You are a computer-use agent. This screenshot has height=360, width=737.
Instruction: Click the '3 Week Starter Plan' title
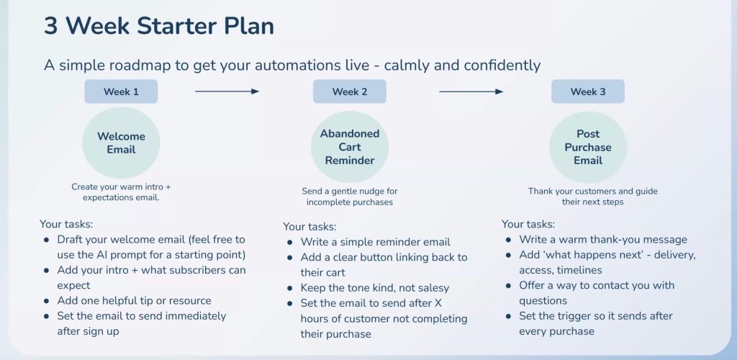[158, 26]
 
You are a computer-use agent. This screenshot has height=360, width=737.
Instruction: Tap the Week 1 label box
[121, 91]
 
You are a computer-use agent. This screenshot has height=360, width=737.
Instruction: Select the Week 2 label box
[349, 91]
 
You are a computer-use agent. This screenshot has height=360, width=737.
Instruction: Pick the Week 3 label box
[587, 91]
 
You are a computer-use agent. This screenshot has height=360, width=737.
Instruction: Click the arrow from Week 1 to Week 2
[227, 91]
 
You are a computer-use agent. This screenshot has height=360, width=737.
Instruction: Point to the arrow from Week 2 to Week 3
[471, 91]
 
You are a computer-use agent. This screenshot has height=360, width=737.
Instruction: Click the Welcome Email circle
[121, 143]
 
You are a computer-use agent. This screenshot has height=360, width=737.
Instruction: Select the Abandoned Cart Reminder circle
[349, 147]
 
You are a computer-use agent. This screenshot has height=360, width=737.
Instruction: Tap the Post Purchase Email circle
[587, 147]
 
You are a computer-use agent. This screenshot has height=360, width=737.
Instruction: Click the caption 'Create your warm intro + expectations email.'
[121, 192]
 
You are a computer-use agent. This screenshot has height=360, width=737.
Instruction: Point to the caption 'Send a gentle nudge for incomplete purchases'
[349, 197]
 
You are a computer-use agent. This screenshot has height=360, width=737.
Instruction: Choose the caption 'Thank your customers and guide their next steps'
[592, 197]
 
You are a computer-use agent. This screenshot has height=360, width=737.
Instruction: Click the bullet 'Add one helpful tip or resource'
[134, 300]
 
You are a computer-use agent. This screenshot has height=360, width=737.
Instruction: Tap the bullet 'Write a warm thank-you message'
[603, 239]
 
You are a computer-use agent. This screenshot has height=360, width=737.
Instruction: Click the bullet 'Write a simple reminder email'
[376, 242]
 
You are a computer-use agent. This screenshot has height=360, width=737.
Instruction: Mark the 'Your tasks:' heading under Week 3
[528, 224]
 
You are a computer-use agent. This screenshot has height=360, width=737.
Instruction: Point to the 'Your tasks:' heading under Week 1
[66, 224]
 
